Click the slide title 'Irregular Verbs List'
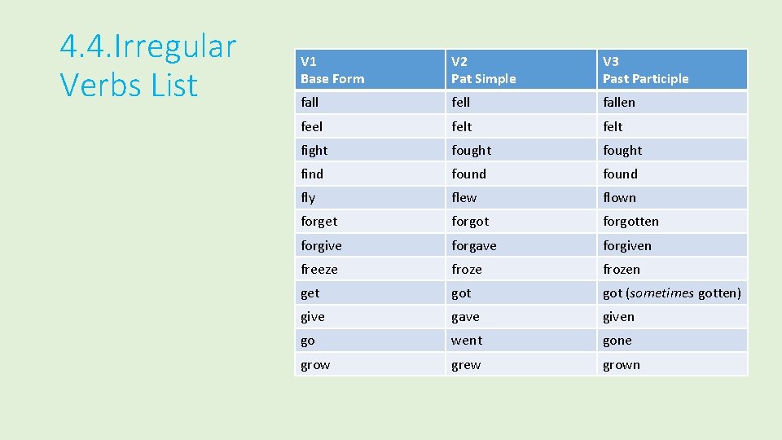147,65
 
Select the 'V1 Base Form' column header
332,70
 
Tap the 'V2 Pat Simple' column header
484,70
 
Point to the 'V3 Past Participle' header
645,70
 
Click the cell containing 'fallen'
619,103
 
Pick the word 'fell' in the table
461,103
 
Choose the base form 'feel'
311,126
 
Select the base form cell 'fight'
314,150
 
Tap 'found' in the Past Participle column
620,174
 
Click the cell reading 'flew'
464,197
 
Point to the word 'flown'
619,197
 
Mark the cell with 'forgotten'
630,222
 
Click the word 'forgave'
474,245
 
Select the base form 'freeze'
319,269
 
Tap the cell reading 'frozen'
622,269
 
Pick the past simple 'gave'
465,317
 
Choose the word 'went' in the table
467,341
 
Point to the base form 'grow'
315,365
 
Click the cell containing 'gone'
617,341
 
